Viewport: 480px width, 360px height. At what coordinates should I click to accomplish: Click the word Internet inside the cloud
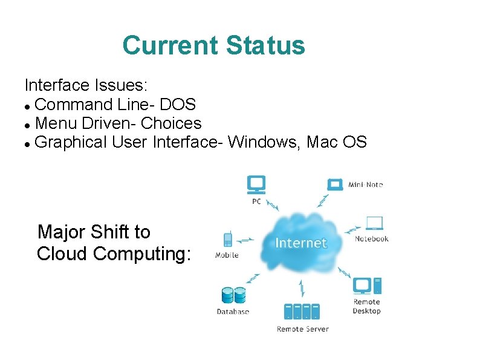[x=300, y=243]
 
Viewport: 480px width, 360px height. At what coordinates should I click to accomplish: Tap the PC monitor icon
[x=256, y=184]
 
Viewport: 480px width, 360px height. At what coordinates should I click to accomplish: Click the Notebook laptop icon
[x=374, y=223]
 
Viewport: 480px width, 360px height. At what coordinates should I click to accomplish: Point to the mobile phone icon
[x=228, y=239]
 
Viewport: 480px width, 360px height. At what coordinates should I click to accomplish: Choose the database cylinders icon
[x=233, y=295]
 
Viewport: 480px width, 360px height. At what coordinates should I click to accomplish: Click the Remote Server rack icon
[x=302, y=312]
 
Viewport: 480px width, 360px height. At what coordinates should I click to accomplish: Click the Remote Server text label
[x=302, y=329]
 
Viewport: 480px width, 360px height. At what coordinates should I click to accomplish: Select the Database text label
[x=233, y=312]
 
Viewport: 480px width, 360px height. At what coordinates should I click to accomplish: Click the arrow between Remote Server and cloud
[x=302, y=289]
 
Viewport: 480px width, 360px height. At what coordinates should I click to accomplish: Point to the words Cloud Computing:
[x=114, y=254]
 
